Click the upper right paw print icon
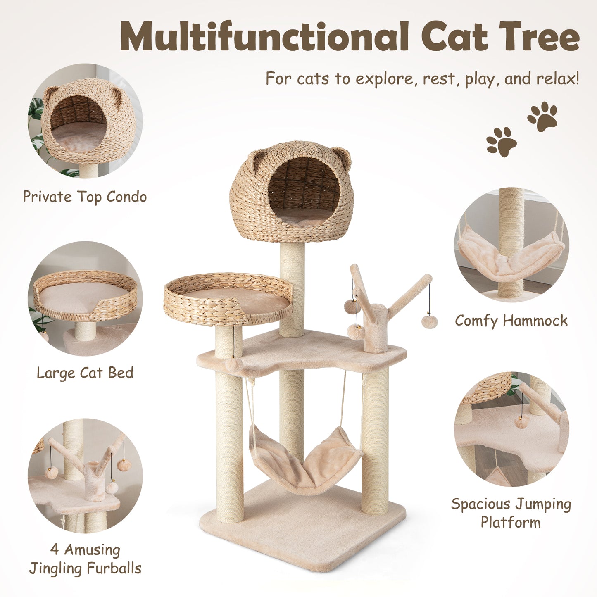[542, 116]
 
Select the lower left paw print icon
[501, 142]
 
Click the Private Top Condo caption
[85, 197]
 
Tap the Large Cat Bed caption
[85, 373]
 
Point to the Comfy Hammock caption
[511, 321]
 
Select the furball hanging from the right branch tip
[429, 322]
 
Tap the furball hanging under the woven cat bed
[234, 364]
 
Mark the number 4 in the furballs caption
[55, 550]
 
